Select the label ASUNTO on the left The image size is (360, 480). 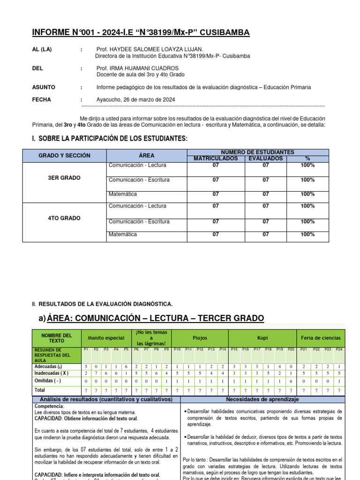click(44, 87)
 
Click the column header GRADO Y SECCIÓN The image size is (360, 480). click(65, 155)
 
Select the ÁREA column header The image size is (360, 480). click(146, 155)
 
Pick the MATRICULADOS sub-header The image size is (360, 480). click(215, 158)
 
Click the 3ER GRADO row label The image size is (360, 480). click(65, 178)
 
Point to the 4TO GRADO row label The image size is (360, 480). click(65, 218)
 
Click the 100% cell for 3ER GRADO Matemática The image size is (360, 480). click(307, 194)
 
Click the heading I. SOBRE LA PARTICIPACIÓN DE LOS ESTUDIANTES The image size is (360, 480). click(110, 138)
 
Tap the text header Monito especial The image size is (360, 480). click(106, 337)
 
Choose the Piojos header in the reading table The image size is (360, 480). click(200, 337)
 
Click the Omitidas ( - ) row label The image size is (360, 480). click(48, 381)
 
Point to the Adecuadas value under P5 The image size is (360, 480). click(126, 366)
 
